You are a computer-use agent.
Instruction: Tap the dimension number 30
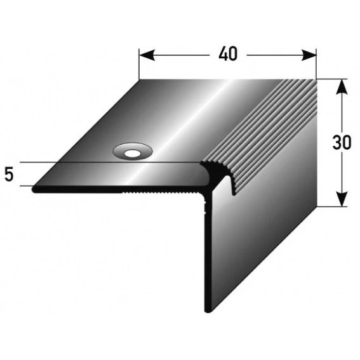(342, 143)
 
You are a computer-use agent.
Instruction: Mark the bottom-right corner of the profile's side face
(316, 206)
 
